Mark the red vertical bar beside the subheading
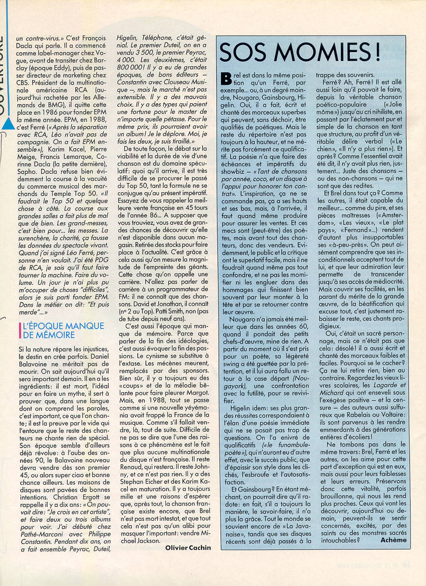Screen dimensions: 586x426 click(x=18, y=330)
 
